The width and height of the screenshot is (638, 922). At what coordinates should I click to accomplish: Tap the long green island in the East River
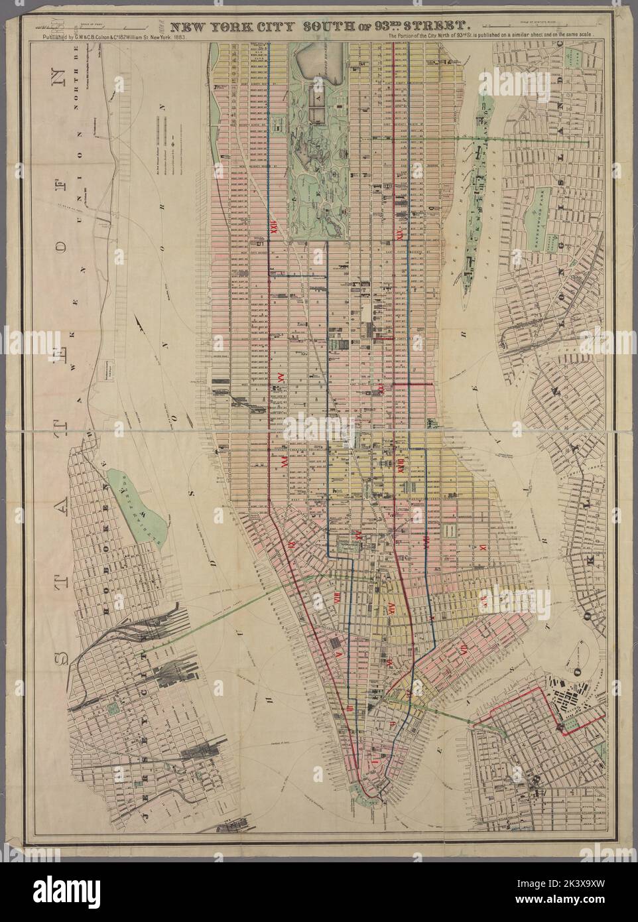pos(481,179)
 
